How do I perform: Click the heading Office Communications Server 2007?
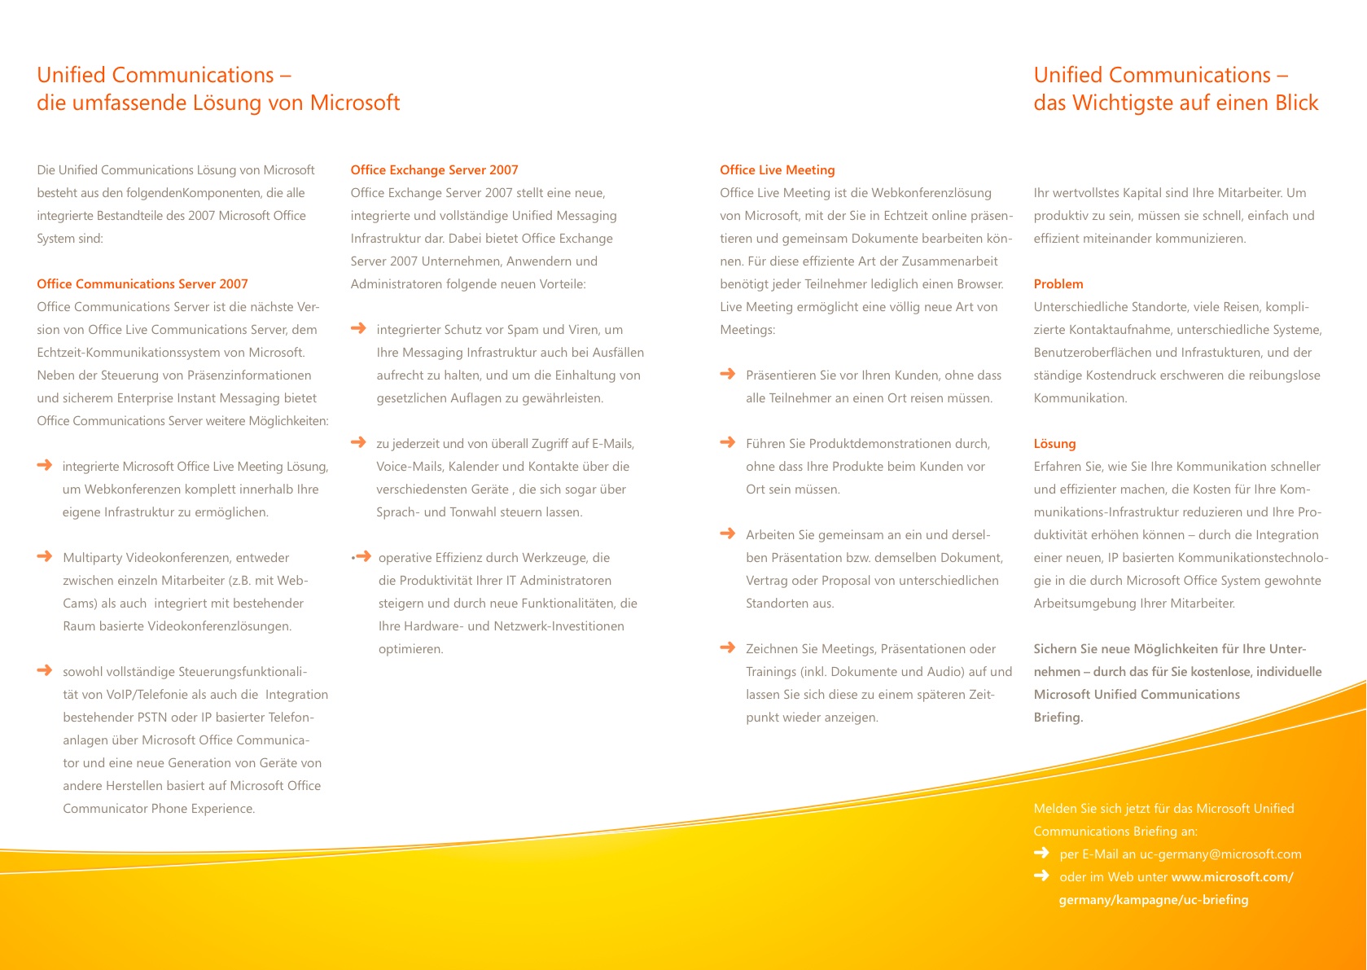point(142,284)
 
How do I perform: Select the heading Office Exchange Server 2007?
point(434,170)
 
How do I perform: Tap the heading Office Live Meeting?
point(777,170)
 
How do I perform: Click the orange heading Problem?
point(1058,284)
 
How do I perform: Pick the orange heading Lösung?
point(1054,444)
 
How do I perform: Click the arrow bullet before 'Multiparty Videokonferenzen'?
point(45,556)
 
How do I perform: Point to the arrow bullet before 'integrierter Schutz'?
point(358,328)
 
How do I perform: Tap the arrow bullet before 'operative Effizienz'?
point(363,557)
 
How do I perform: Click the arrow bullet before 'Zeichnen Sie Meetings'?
point(728,647)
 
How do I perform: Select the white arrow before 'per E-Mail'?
point(1041,853)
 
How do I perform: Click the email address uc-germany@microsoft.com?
point(1220,854)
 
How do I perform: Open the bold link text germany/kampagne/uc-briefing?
point(1153,900)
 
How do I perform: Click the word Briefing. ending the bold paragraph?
point(1058,718)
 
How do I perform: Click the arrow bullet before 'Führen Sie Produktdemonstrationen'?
point(728,442)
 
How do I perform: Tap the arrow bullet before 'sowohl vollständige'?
point(45,670)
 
